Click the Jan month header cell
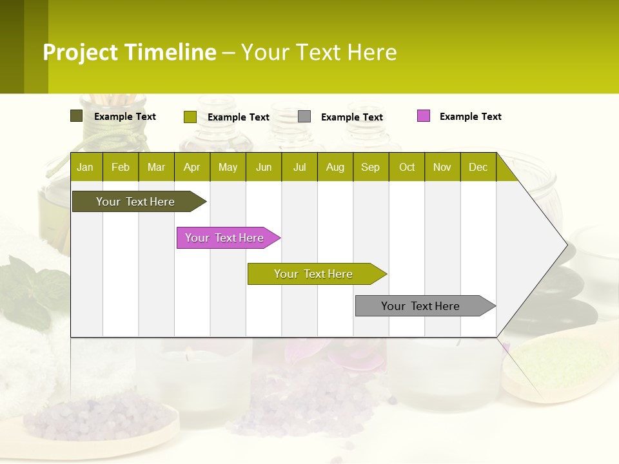(86, 167)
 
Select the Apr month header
(192, 167)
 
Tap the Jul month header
(299, 167)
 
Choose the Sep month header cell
(371, 167)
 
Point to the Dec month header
(478, 167)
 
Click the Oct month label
(407, 167)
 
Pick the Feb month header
(121, 167)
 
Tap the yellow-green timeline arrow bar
(314, 274)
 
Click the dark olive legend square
(76, 116)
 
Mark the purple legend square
(423, 116)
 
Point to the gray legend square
(304, 117)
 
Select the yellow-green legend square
(190, 117)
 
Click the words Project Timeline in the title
(130, 52)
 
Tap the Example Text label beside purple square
(470, 117)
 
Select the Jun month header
(264, 167)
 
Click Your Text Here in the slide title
(319, 52)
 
